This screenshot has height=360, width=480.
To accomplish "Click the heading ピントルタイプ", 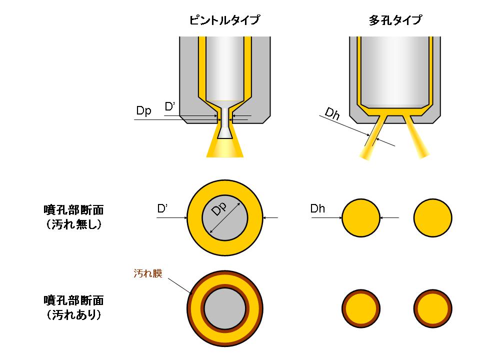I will pos(224,20).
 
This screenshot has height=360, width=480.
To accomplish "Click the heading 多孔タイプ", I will pos(395,20).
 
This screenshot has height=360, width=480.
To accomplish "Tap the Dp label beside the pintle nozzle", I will pos(143,110).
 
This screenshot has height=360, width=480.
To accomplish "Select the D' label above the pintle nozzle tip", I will pos(170,106).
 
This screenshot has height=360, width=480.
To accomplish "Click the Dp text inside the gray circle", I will pos(219,210).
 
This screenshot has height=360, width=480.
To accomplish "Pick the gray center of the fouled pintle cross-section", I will pos(225,309).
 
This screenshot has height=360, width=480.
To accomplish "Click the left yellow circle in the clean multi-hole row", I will pos(360,217).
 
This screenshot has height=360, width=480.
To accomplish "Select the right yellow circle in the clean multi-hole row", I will pos(433,217).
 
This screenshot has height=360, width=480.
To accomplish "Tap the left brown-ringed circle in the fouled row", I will pos(360,307).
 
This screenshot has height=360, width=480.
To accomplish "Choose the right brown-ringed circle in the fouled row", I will pos(433,307).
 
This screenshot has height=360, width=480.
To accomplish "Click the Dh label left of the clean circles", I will pos(317,208).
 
